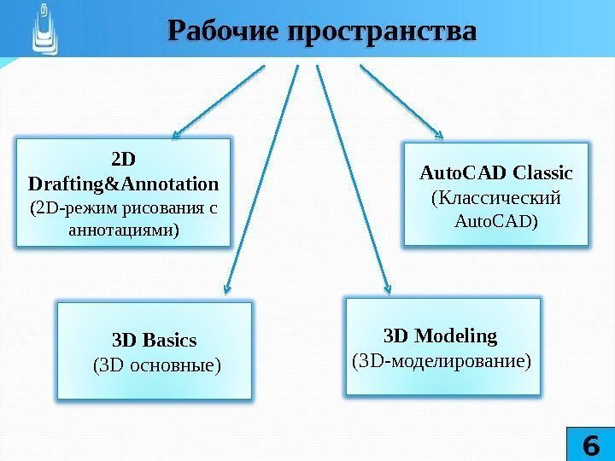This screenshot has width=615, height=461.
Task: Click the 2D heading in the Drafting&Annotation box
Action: [x=124, y=160]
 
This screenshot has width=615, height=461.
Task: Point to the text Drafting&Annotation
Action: [x=123, y=184]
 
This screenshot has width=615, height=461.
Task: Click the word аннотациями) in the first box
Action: [x=123, y=230]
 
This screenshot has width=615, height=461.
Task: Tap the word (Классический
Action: [x=496, y=198]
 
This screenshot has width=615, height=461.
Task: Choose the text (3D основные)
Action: [x=155, y=365]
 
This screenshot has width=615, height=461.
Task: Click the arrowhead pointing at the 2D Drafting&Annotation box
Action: [x=174, y=134]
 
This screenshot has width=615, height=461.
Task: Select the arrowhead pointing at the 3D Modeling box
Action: [x=389, y=289]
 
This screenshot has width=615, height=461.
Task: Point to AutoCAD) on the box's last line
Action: [x=496, y=222]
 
